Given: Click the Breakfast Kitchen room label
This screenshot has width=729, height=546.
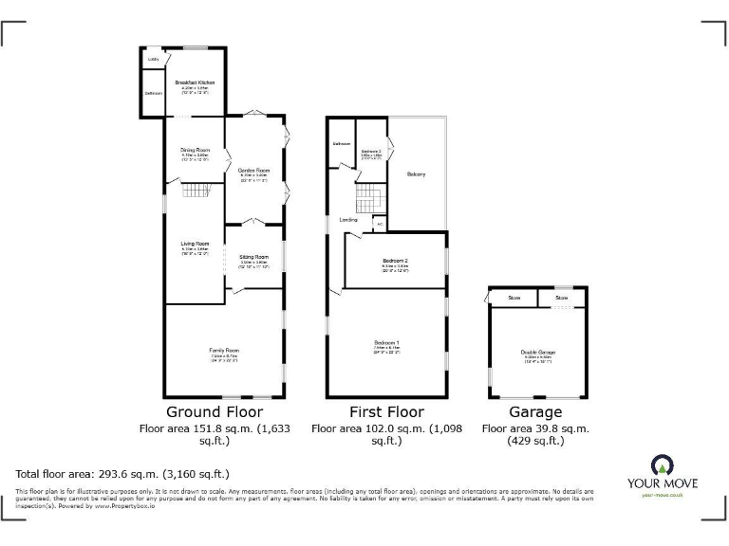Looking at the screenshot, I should (195, 83).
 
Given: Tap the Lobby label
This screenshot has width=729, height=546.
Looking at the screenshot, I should (153, 60).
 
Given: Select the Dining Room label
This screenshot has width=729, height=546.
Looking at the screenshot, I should (195, 150).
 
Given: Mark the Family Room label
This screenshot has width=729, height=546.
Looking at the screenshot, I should (224, 351).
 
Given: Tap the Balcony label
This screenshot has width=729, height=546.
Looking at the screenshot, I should (416, 174).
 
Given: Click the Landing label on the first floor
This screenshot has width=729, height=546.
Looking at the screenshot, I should (348, 220).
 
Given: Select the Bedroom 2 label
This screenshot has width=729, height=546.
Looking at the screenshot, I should (395, 261).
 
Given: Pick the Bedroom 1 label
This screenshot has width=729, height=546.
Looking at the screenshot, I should (386, 341).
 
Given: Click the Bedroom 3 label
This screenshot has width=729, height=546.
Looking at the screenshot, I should (371, 151).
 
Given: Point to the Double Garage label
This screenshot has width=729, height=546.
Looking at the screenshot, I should (537, 353).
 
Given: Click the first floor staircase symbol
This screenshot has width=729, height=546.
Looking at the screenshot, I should (367, 200).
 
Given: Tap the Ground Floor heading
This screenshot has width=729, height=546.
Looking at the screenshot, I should (215, 412).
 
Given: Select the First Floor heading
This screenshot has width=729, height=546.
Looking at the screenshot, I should (386, 412).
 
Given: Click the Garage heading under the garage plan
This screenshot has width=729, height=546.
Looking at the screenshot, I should (535, 412).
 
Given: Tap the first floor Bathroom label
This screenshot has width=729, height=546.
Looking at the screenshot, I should (341, 144).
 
